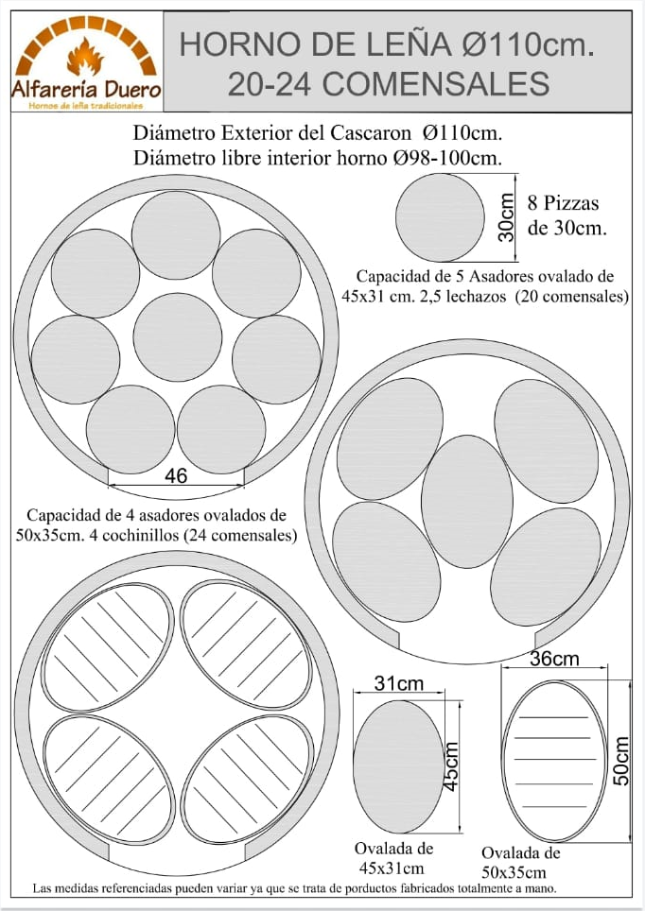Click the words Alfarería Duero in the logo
(x=85, y=92)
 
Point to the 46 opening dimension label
(x=176, y=476)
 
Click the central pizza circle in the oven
(x=177, y=337)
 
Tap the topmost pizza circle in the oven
(x=176, y=235)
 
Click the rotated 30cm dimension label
(x=507, y=217)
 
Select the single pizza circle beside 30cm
(x=440, y=217)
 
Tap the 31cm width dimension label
(x=398, y=682)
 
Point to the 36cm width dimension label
(x=554, y=659)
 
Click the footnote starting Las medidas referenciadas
(x=293, y=889)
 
